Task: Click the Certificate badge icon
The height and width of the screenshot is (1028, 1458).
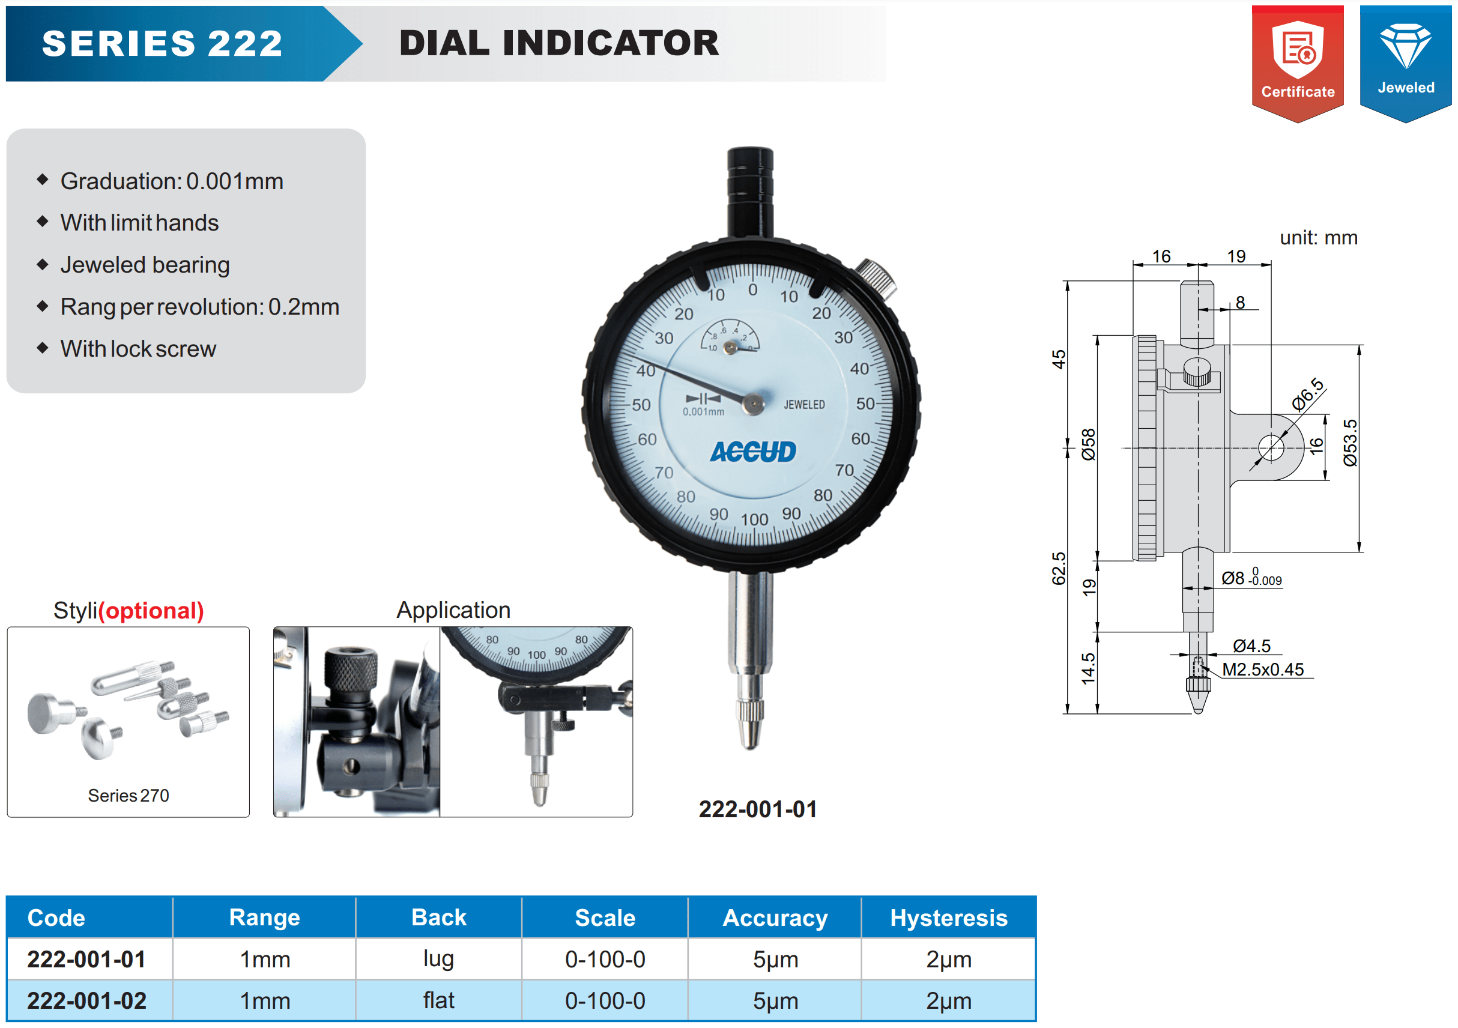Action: click(1297, 64)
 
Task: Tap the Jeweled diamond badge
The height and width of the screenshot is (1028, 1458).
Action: click(1405, 64)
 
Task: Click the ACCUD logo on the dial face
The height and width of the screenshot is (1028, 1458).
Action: click(752, 452)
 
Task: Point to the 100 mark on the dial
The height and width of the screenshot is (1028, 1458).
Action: click(754, 519)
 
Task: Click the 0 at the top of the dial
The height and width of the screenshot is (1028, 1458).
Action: click(752, 290)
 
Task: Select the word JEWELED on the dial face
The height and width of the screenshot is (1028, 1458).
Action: click(804, 405)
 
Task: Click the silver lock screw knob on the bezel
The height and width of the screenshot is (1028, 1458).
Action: click(877, 278)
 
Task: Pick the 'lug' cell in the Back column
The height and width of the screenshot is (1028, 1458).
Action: click(438, 959)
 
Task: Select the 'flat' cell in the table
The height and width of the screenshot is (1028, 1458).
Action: click(438, 1001)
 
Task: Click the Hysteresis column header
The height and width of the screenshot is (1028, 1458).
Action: click(949, 918)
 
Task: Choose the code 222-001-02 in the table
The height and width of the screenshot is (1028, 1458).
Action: click(86, 1001)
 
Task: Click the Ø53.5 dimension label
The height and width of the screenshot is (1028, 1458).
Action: click(1351, 443)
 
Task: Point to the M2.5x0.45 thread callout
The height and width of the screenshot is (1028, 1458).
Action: click(1262, 670)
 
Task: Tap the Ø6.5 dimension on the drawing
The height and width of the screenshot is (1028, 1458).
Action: click(1308, 394)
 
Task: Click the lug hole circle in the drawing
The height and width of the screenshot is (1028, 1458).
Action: click(1271, 447)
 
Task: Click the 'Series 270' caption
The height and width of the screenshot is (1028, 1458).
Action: click(129, 795)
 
